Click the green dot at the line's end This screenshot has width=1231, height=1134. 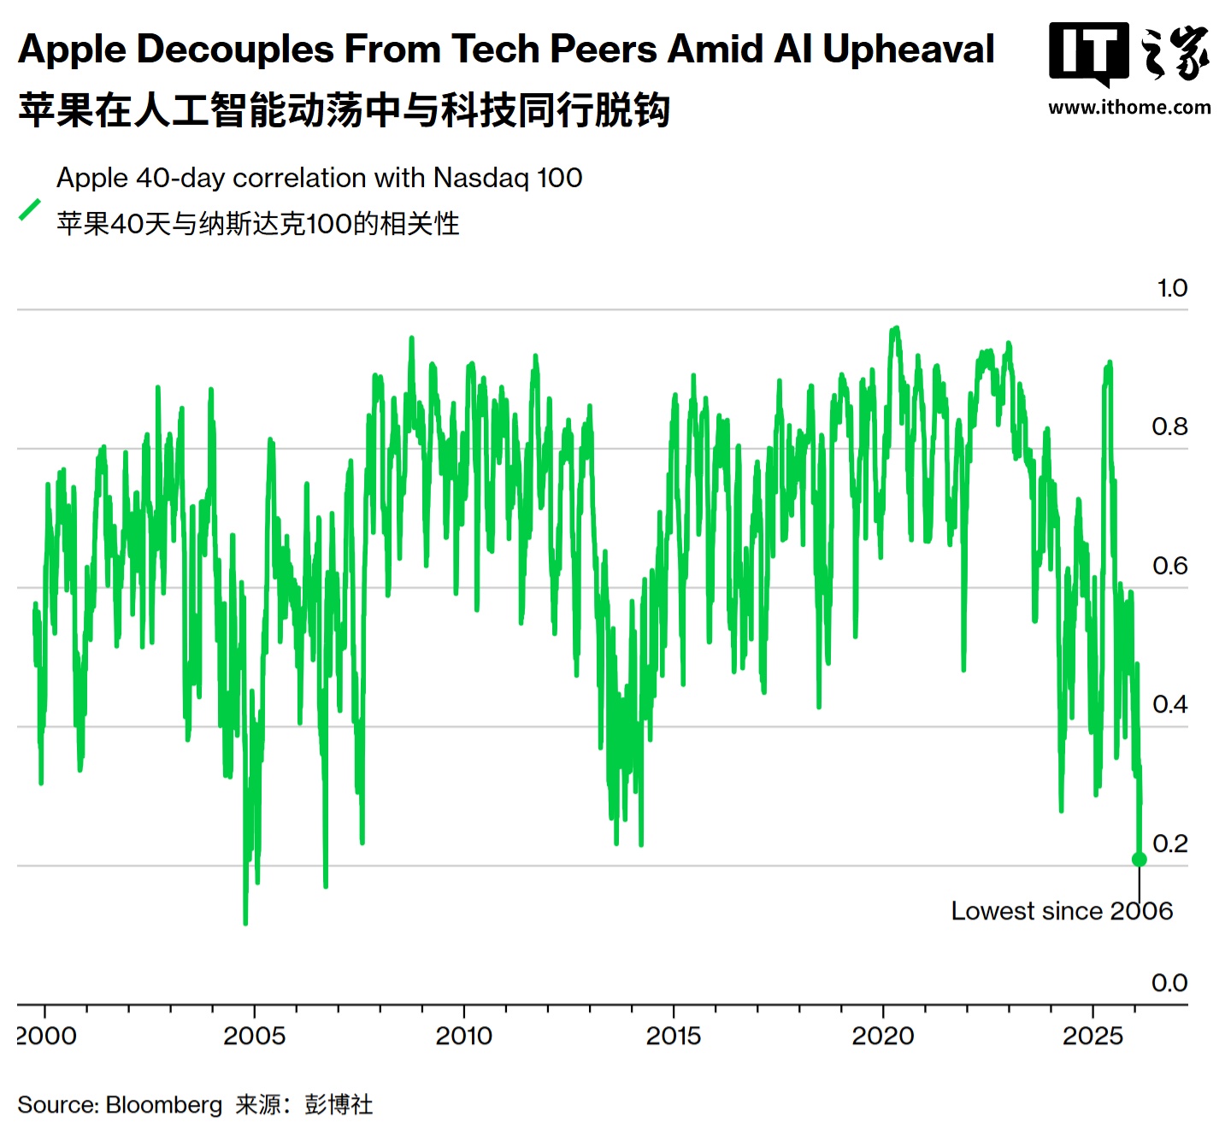[x=1139, y=859]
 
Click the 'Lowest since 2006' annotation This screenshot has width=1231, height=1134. [x=1062, y=911]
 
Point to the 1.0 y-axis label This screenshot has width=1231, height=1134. [x=1172, y=288]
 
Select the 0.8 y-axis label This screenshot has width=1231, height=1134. [x=1169, y=426]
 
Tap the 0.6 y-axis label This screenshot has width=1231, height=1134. [x=1169, y=566]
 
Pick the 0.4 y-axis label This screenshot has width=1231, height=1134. [x=1169, y=704]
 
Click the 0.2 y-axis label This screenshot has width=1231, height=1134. [x=1169, y=843]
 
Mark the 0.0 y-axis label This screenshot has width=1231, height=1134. [x=1169, y=983]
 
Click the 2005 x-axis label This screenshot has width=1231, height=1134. [x=254, y=1036]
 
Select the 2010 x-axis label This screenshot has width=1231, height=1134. [x=463, y=1036]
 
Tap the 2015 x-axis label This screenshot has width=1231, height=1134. [x=674, y=1036]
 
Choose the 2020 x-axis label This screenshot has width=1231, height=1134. [x=883, y=1036]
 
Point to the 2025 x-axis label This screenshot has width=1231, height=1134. [x=1093, y=1036]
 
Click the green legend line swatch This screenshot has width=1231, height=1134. [x=30, y=209]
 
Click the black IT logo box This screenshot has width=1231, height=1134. [x=1088, y=53]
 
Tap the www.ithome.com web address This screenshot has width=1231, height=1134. [x=1129, y=108]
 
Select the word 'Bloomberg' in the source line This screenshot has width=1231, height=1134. [x=164, y=1105]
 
